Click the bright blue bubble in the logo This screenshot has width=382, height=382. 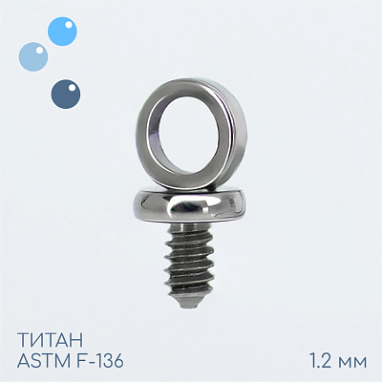[62, 32]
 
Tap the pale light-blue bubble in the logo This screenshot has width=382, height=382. [33, 56]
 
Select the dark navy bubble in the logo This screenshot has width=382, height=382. [66, 94]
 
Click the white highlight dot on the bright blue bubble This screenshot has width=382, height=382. [68, 25]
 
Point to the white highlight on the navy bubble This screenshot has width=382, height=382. [72, 87]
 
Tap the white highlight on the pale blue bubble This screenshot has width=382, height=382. [39, 50]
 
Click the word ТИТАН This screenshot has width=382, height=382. [51, 340]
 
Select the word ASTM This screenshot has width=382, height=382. [40, 361]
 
